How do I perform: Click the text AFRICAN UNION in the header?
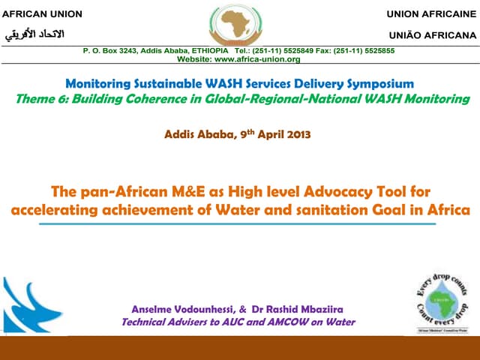(42, 14)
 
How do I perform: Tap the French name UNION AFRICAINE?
(431, 14)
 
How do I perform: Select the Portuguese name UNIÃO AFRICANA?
(432, 34)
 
